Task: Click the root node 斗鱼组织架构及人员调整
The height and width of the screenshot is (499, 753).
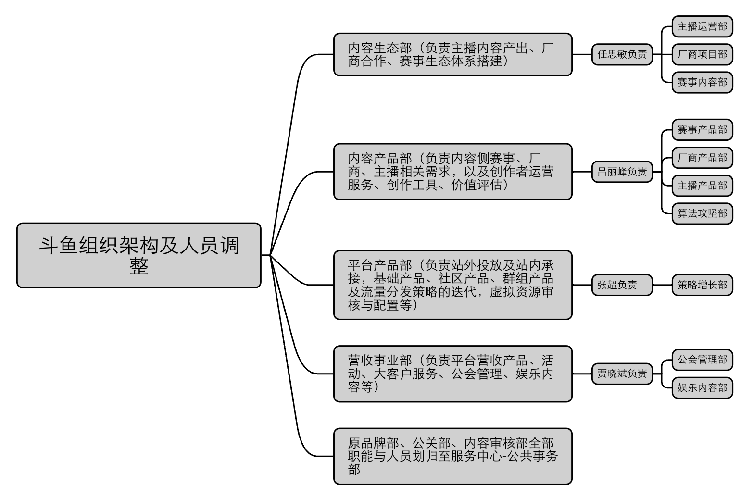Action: click(x=139, y=255)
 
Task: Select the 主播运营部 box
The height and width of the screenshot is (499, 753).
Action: click(x=702, y=26)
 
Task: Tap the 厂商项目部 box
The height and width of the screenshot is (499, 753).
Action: click(x=702, y=54)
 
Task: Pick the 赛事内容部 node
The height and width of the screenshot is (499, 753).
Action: click(x=702, y=82)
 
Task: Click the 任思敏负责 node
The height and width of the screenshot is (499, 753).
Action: click(x=622, y=54)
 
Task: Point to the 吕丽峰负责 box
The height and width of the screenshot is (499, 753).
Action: click(x=622, y=172)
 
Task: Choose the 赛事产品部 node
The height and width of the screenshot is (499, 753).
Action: click(x=702, y=130)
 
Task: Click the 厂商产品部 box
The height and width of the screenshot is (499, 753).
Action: click(x=702, y=158)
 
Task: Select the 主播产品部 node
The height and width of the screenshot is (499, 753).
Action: click(x=702, y=186)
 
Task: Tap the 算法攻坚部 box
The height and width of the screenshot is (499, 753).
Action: click(x=702, y=213)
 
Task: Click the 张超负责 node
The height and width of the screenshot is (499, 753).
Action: click(x=622, y=285)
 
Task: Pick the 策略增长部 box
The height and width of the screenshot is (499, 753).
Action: click(x=702, y=285)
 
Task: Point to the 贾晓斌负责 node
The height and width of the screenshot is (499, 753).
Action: click(x=622, y=374)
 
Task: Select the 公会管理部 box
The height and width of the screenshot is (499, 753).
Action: click(x=702, y=360)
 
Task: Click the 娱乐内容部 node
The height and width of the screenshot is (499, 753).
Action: click(x=702, y=388)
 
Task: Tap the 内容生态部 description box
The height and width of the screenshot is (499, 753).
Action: click(x=453, y=54)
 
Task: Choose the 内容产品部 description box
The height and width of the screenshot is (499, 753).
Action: click(x=453, y=172)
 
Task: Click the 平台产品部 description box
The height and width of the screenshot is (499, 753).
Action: click(x=453, y=285)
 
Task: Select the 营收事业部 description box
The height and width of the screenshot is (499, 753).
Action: click(x=453, y=374)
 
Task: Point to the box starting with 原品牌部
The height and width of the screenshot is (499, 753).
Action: click(x=453, y=456)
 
